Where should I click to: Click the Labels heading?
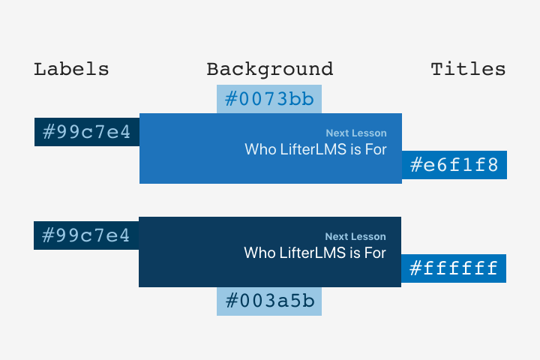71,69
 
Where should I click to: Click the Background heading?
270,70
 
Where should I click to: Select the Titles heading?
468,69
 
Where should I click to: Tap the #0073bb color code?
269,99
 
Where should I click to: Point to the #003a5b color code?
270,301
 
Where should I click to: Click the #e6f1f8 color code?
454,165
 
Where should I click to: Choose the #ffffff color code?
454,268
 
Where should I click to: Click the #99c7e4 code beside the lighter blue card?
86,132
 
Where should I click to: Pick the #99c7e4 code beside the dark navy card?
85,235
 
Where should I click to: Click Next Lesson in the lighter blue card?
356,133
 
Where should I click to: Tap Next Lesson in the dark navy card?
355,236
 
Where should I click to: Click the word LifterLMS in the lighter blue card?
313,149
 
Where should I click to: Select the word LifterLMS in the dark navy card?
312,253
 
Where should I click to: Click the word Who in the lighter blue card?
260,149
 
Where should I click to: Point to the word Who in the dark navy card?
259,253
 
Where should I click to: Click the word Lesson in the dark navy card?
369,236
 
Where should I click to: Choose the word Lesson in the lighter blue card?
370,133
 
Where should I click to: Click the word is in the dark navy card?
355,253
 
